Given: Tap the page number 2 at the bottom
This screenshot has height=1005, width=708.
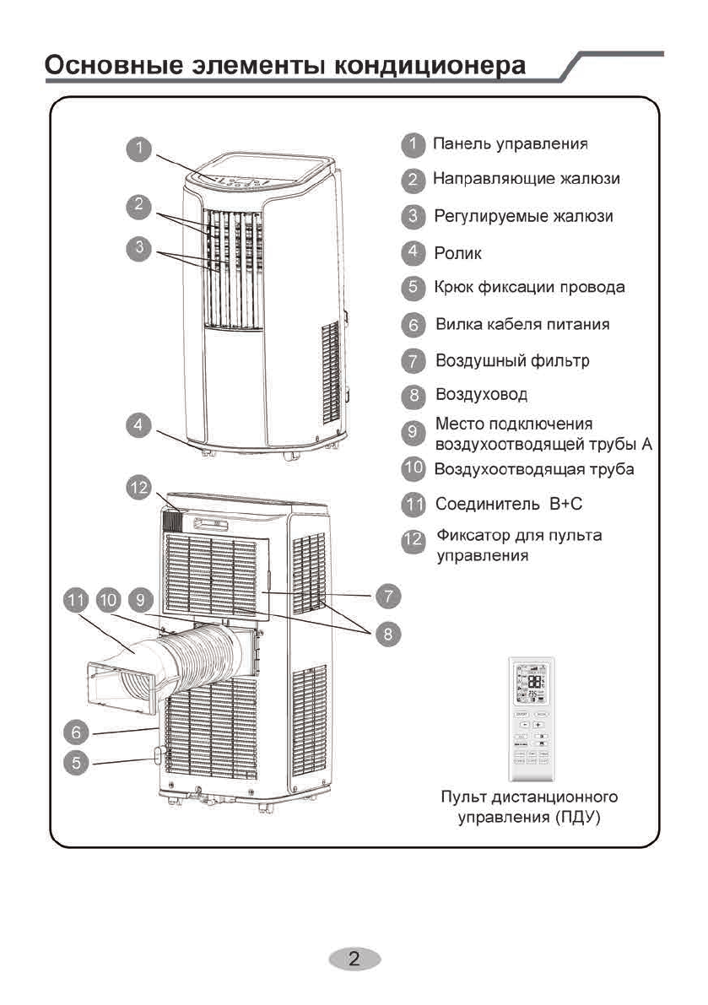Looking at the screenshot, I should pyautogui.click(x=354, y=959).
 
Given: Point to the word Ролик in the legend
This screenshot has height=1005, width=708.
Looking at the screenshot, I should pyautogui.click(x=458, y=251).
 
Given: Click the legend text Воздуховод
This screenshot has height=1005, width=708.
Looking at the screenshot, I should pyautogui.click(x=481, y=394).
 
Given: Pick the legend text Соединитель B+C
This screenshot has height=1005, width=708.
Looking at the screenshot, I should pyautogui.click(x=509, y=505).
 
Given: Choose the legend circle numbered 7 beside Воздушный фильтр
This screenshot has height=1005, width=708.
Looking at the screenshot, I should pyautogui.click(x=412, y=361).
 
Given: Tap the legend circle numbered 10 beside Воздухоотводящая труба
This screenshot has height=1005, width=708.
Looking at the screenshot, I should pyautogui.click(x=412, y=468).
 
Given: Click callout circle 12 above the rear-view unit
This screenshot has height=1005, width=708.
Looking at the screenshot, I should pyautogui.click(x=139, y=487).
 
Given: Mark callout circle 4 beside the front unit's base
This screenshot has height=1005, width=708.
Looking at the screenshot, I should pyautogui.click(x=139, y=424).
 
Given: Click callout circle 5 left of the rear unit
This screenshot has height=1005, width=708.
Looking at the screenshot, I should pyautogui.click(x=77, y=762).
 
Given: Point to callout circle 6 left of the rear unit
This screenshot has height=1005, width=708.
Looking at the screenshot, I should pyautogui.click(x=77, y=731).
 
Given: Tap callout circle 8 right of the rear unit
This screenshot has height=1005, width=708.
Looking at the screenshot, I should pyautogui.click(x=387, y=633).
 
